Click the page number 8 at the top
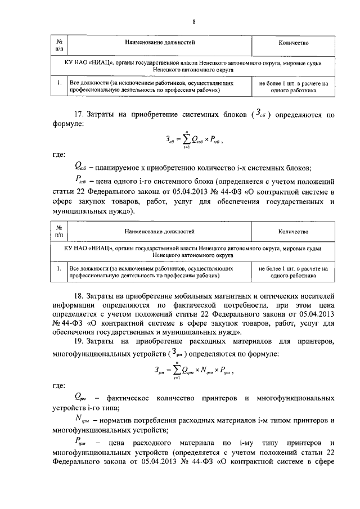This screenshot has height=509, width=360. click(193, 22)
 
